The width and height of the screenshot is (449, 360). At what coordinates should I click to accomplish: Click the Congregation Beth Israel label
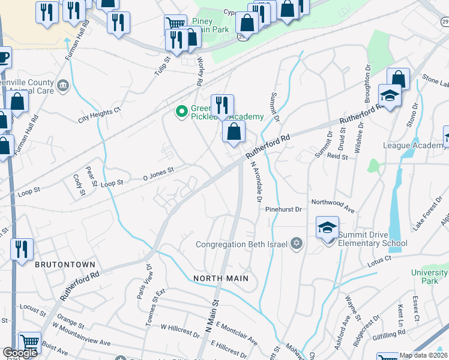click(243, 244)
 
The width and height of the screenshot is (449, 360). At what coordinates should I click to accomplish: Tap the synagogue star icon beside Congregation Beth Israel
click(295, 244)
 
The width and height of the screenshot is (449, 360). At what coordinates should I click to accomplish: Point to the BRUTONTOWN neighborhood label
click(58, 264)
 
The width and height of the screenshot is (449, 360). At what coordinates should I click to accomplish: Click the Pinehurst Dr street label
click(283, 209)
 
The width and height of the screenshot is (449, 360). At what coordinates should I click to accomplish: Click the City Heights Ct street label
click(100, 115)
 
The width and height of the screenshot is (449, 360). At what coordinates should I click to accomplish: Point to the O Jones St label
click(158, 173)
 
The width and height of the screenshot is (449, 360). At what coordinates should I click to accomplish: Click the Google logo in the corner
click(20, 353)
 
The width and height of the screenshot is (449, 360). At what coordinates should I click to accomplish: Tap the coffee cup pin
click(4, 58)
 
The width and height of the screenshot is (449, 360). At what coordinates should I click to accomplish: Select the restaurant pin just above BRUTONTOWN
click(22, 248)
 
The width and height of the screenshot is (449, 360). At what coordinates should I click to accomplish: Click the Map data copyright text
click(421, 355)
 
